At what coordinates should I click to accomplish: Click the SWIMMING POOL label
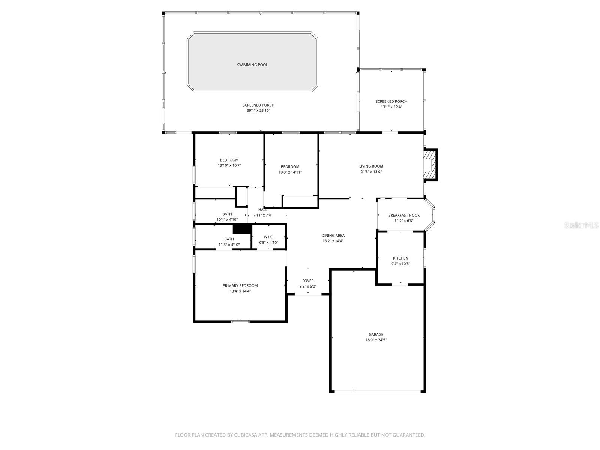coord(252,65)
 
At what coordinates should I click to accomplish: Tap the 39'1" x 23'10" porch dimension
coord(258,111)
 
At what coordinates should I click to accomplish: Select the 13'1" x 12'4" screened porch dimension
coord(391,107)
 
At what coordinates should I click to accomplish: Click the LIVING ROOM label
coord(371,166)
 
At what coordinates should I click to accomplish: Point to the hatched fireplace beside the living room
coord(430,165)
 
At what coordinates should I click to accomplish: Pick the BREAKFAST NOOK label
coord(403,215)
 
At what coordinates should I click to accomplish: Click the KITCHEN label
coord(400,258)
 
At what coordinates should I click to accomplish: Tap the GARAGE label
coord(376,334)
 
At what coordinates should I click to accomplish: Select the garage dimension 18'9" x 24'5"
coord(376,340)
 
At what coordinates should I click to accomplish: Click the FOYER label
coord(308,281)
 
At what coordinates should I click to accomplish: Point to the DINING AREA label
coord(333,235)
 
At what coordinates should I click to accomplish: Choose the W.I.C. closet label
coord(268,237)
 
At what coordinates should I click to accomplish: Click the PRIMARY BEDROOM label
coord(240,285)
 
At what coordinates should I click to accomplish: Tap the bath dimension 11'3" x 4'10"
coord(229,245)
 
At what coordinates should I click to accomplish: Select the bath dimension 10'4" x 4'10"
coord(227,220)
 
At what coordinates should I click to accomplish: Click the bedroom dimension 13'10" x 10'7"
coord(229,165)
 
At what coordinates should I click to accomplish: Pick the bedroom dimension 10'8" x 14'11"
coord(290,172)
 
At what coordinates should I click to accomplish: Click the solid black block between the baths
coord(242,228)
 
